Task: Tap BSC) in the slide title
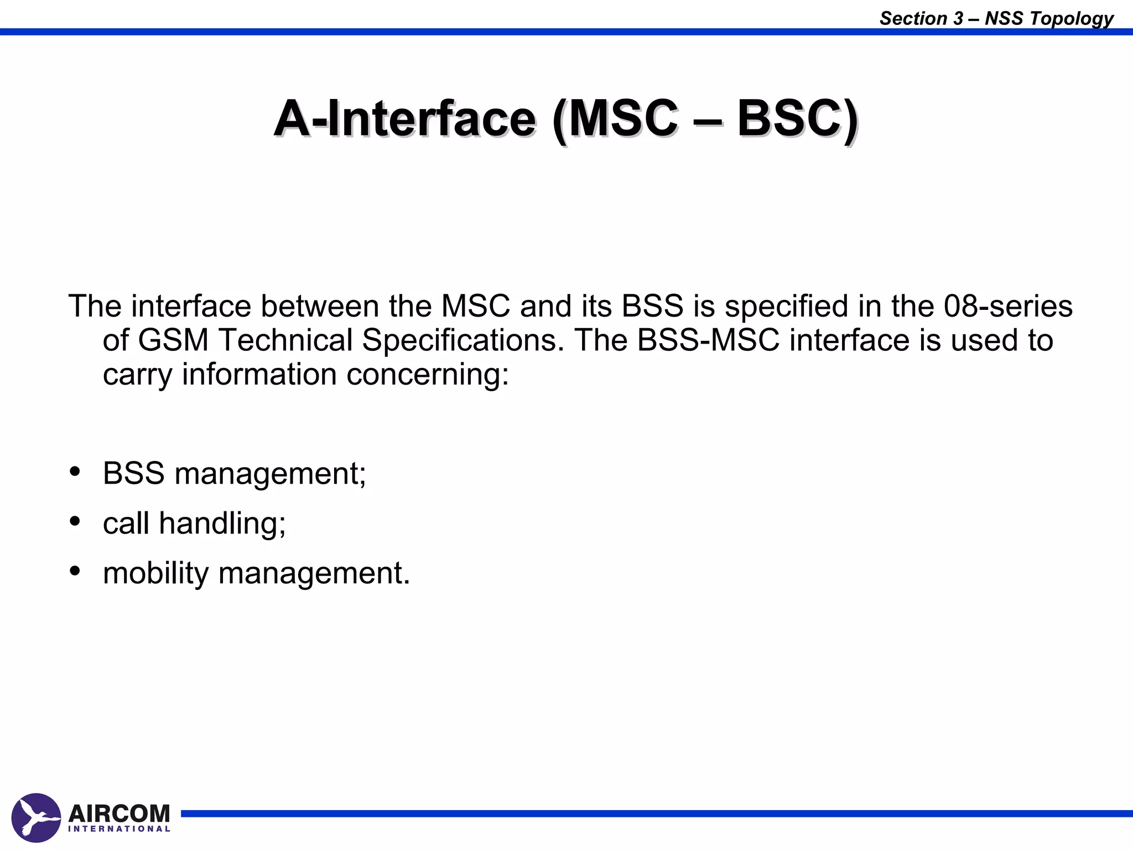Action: click(797, 119)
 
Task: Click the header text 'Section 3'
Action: click(921, 18)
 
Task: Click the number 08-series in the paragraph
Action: click(1008, 306)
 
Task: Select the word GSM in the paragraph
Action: click(173, 340)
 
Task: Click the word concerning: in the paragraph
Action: click(428, 375)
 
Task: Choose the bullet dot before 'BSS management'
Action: click(75, 471)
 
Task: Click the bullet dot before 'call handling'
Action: click(75, 521)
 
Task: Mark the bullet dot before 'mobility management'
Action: click(75, 571)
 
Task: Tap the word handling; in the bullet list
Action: click(222, 524)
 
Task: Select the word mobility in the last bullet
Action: click(155, 573)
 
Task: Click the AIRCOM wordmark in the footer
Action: click(119, 813)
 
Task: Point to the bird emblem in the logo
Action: click(36, 818)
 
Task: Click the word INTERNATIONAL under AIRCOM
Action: click(119, 829)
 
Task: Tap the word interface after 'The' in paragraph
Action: click(191, 306)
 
